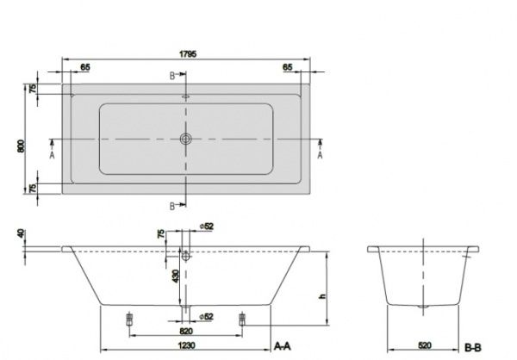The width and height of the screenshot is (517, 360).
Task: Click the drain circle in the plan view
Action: pyautogui.click(x=184, y=139)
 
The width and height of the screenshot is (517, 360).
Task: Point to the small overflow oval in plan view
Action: pyautogui.click(x=184, y=97)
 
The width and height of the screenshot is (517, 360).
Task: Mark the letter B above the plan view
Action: pyautogui.click(x=172, y=76)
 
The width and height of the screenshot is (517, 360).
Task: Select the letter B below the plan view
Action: pyautogui.click(x=172, y=205)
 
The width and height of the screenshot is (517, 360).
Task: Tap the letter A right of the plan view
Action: pyautogui.click(x=321, y=156)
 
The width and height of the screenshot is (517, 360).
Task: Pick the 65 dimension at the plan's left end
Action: pyautogui.click(x=85, y=66)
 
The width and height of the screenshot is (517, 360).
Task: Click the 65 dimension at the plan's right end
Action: pyautogui.click(x=287, y=66)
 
